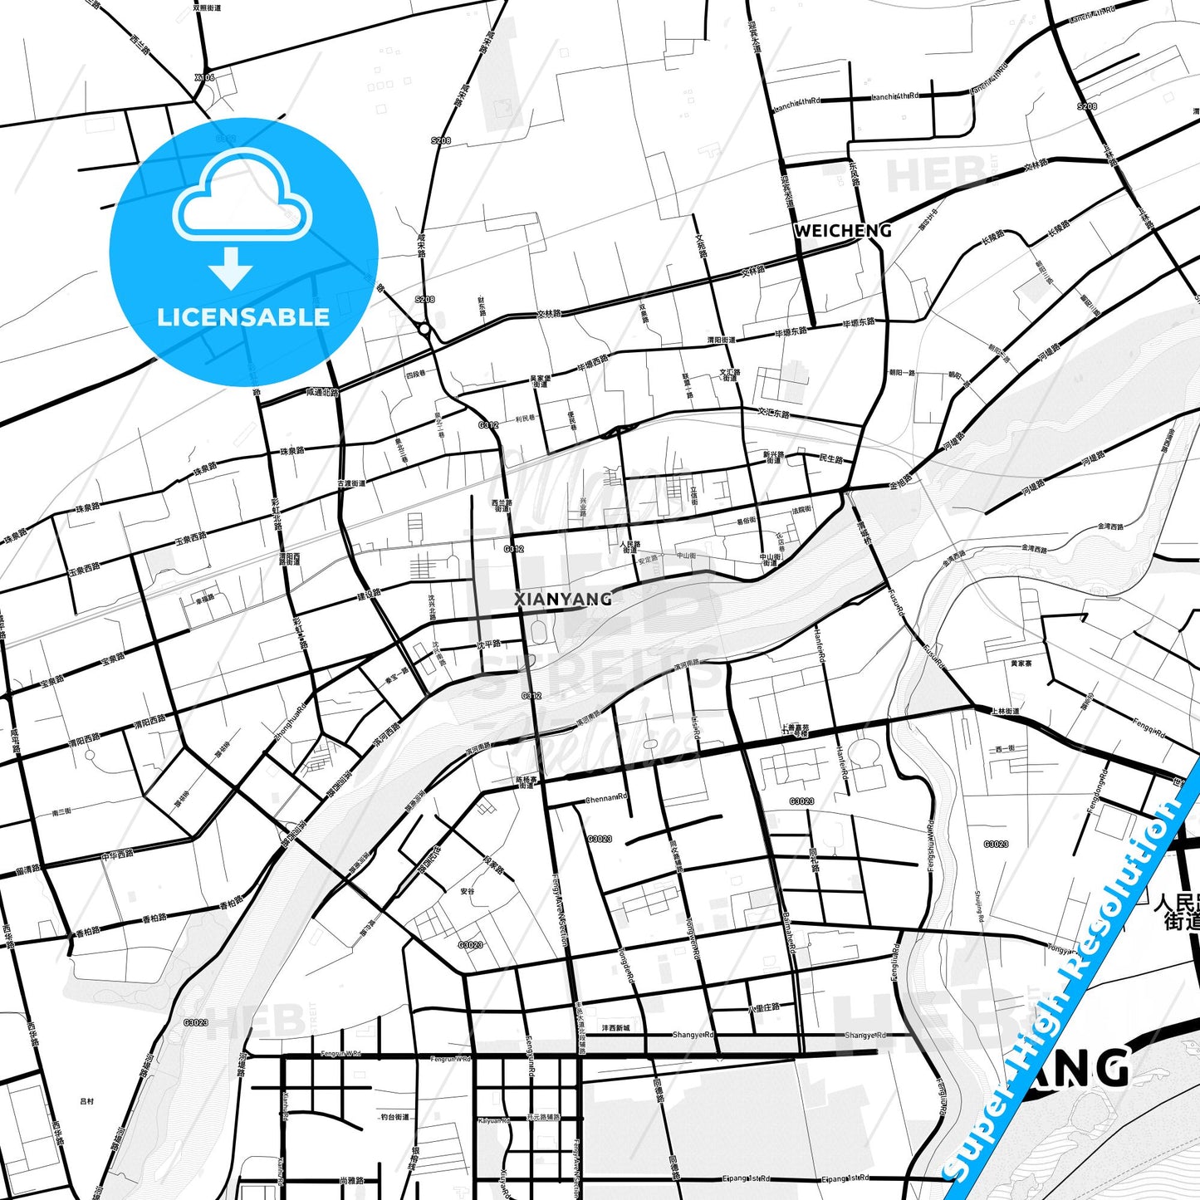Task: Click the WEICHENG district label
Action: pyautogui.click(x=842, y=231)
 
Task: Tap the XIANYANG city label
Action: pyautogui.click(x=563, y=599)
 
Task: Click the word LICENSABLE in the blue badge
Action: pyautogui.click(x=243, y=317)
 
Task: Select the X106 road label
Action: pyautogui.click(x=204, y=77)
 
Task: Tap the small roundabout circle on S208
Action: pyautogui.click(x=425, y=330)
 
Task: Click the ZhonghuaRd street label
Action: pyautogui.click(x=290, y=722)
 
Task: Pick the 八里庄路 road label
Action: pyautogui.click(x=764, y=1007)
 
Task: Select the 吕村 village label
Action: pyautogui.click(x=87, y=1101)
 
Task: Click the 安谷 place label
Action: pyautogui.click(x=467, y=891)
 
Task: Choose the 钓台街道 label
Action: pyautogui.click(x=395, y=1117)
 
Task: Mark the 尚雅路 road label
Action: pyautogui.click(x=351, y=1180)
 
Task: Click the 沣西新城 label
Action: pyautogui.click(x=615, y=1027)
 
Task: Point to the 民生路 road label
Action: pyautogui.click(x=830, y=459)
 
